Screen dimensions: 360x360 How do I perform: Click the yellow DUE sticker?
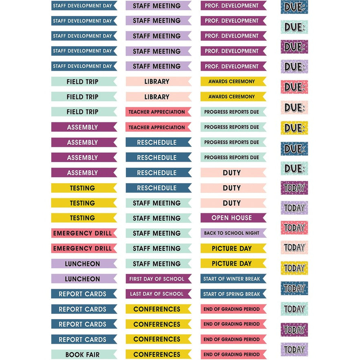click(x=294, y=128)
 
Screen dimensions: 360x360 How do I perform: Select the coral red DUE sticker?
click(x=294, y=87)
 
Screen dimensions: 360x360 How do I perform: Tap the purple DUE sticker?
click(x=294, y=47)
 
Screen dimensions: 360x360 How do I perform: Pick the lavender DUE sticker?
click(x=294, y=67)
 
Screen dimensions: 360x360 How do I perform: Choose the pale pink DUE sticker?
click(x=294, y=108)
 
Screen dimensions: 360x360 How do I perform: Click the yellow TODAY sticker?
click(x=294, y=268)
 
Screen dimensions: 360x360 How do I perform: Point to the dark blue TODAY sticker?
click(x=294, y=288)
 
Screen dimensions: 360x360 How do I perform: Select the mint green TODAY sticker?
click(x=294, y=309)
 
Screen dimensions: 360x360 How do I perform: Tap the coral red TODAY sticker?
click(x=294, y=228)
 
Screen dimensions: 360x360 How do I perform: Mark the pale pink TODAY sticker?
click(x=294, y=248)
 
